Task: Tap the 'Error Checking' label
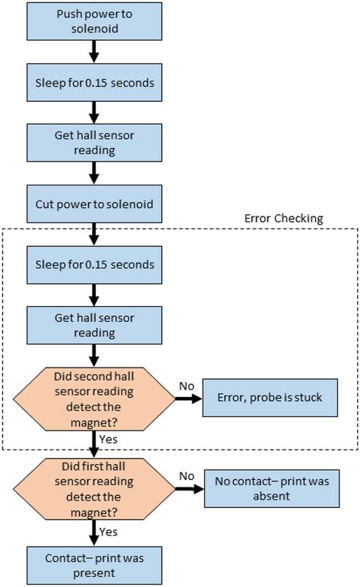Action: pos(283,219)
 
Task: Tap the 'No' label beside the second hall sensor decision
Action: pos(186,387)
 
